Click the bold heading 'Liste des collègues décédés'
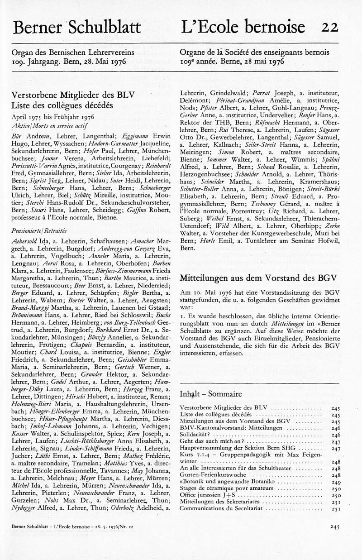[x=62, y=105]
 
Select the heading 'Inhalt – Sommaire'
[x=210, y=393]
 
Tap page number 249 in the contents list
[x=335, y=482]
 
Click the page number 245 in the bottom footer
[x=335, y=526]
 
